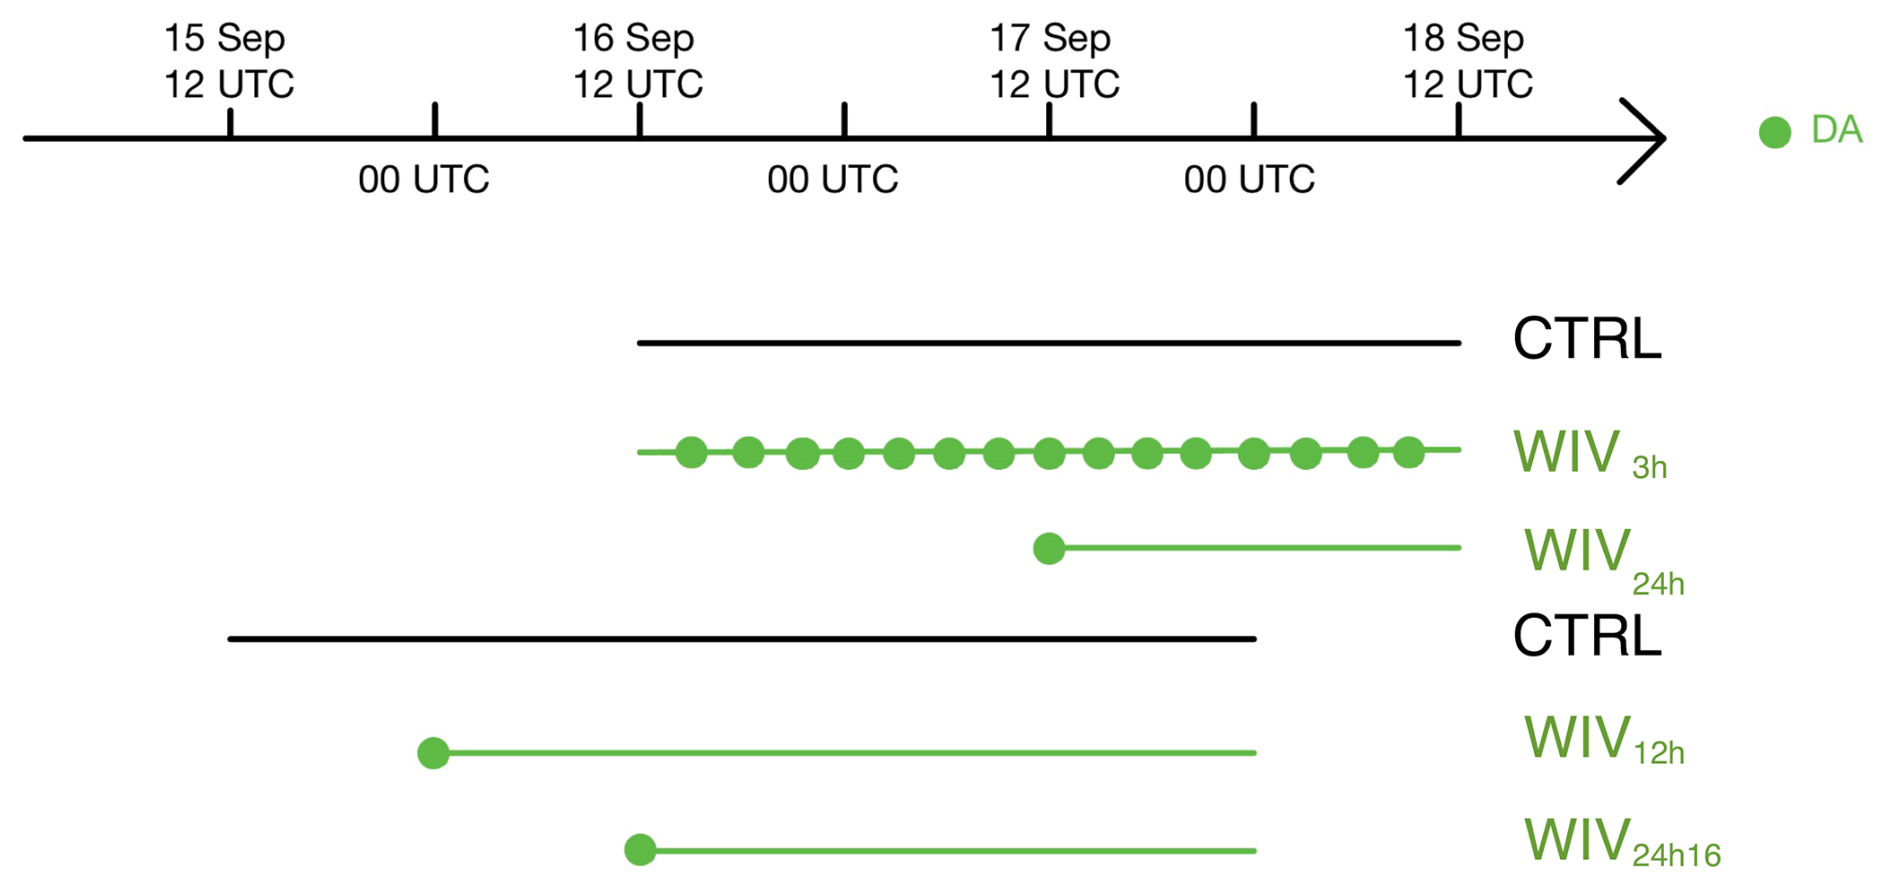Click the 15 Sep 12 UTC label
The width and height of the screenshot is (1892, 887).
(229, 61)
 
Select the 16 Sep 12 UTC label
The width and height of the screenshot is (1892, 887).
(637, 61)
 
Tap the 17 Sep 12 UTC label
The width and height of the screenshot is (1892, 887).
(1053, 61)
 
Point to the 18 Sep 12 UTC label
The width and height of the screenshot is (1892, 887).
(1467, 61)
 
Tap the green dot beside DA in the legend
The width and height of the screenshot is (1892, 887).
(1775, 132)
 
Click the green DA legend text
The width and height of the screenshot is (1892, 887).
(1836, 130)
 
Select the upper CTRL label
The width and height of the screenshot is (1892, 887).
(1587, 340)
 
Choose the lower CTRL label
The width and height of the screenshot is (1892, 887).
(1587, 636)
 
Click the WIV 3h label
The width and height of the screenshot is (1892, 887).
(1589, 454)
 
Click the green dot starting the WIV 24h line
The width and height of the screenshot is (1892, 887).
(1049, 548)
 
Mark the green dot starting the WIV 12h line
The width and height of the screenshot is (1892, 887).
(433, 753)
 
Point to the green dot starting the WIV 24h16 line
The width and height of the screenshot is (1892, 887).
(640, 850)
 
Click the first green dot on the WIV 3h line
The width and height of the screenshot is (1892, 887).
(691, 452)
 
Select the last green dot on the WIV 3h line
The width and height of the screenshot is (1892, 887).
(1409, 452)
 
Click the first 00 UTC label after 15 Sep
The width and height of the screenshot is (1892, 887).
(424, 180)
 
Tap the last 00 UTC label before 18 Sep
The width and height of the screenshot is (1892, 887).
(1249, 180)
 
